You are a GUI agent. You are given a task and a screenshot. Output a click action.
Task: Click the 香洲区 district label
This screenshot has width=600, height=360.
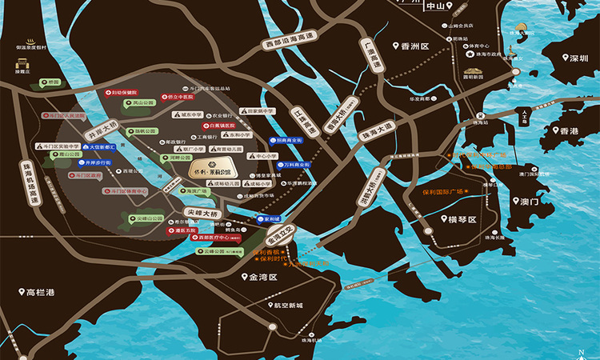pos(411,46)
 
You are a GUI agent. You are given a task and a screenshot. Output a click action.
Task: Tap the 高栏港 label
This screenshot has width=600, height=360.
pos(38,293)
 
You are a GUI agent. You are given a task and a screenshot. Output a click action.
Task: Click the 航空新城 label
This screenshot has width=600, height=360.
pos(286,305)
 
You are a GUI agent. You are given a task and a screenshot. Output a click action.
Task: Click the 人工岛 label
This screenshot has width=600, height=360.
pos(524,114)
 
